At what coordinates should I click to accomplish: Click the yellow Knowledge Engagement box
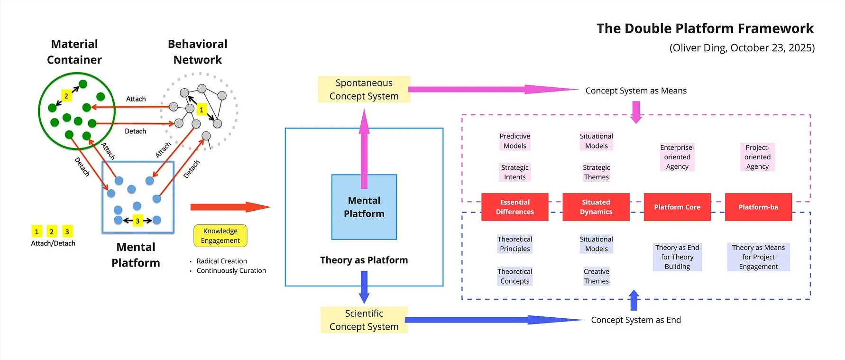click(220, 235)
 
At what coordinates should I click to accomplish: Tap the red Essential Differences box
click(514, 207)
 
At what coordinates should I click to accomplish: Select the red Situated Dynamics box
click(596, 207)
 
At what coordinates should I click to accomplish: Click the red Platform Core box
click(677, 207)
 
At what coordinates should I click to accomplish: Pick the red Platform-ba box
click(758, 207)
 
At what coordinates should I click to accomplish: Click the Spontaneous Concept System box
click(364, 89)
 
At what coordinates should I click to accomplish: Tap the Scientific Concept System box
click(364, 320)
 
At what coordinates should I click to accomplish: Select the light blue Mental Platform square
click(364, 207)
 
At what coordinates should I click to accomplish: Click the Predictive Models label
click(515, 141)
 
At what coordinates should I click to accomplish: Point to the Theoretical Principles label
click(515, 244)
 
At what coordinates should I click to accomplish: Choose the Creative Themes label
click(597, 276)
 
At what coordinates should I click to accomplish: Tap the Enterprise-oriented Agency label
click(677, 157)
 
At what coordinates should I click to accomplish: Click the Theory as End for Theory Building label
click(677, 257)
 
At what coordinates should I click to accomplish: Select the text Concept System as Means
click(636, 91)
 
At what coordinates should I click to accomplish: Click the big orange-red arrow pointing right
click(230, 207)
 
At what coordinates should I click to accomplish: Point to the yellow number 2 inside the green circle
click(66, 96)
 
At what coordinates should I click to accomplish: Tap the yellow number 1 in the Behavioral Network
click(202, 110)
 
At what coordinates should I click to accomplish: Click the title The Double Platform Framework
click(705, 28)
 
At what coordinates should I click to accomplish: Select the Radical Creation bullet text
click(222, 261)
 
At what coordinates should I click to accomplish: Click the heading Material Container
click(74, 52)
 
